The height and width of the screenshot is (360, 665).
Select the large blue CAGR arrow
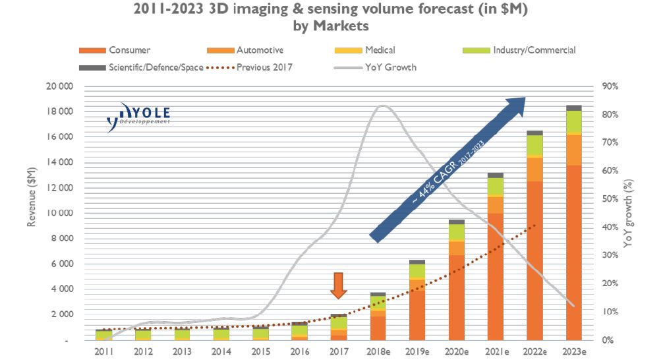click(x=448, y=168)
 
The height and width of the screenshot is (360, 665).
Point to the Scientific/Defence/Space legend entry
click(x=138, y=67)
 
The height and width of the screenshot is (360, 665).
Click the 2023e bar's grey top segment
click(x=573, y=107)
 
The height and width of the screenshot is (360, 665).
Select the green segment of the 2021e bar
click(x=495, y=187)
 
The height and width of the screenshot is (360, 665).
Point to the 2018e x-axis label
click(x=378, y=351)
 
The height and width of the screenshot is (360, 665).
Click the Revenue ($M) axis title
click(x=31, y=197)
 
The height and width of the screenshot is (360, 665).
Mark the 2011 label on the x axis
click(x=104, y=351)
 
